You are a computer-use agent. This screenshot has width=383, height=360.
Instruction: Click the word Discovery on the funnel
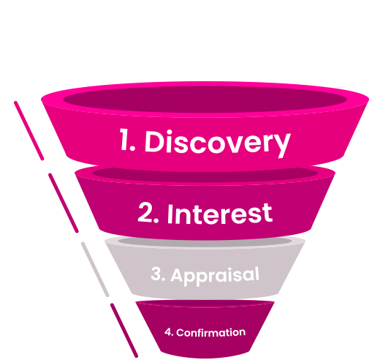(218, 143)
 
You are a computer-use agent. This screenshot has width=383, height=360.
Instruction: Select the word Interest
(220, 213)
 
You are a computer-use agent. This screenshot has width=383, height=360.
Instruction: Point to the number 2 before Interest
(145, 212)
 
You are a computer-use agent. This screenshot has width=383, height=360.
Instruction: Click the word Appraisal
(215, 276)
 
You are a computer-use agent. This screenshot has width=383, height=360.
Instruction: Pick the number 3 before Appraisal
(156, 274)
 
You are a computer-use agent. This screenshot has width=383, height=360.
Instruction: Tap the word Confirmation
(211, 333)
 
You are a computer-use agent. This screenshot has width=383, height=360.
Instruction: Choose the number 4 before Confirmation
(168, 332)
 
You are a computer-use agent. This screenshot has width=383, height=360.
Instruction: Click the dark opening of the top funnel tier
(205, 99)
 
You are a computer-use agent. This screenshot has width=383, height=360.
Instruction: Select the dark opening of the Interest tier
(205, 173)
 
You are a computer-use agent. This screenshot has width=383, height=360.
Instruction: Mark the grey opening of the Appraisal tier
(205, 241)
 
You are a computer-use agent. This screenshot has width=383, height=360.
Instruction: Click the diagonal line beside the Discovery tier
(29, 130)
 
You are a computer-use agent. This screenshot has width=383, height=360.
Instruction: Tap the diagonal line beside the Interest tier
(64, 203)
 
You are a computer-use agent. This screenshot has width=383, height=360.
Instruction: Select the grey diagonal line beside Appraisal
(95, 269)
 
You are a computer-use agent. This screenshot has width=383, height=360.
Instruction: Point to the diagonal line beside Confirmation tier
(124, 331)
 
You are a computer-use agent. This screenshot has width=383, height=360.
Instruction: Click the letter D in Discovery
(155, 141)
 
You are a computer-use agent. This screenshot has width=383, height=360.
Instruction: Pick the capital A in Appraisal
(177, 275)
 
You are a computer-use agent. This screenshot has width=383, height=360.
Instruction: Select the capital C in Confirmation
(181, 333)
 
